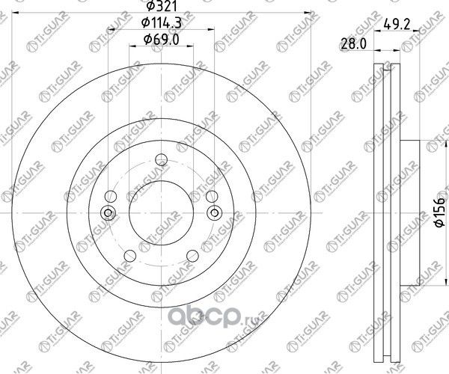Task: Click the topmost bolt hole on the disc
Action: pos(161,159)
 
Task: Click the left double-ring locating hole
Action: pos(109,212)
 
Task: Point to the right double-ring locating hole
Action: pos(214,212)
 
